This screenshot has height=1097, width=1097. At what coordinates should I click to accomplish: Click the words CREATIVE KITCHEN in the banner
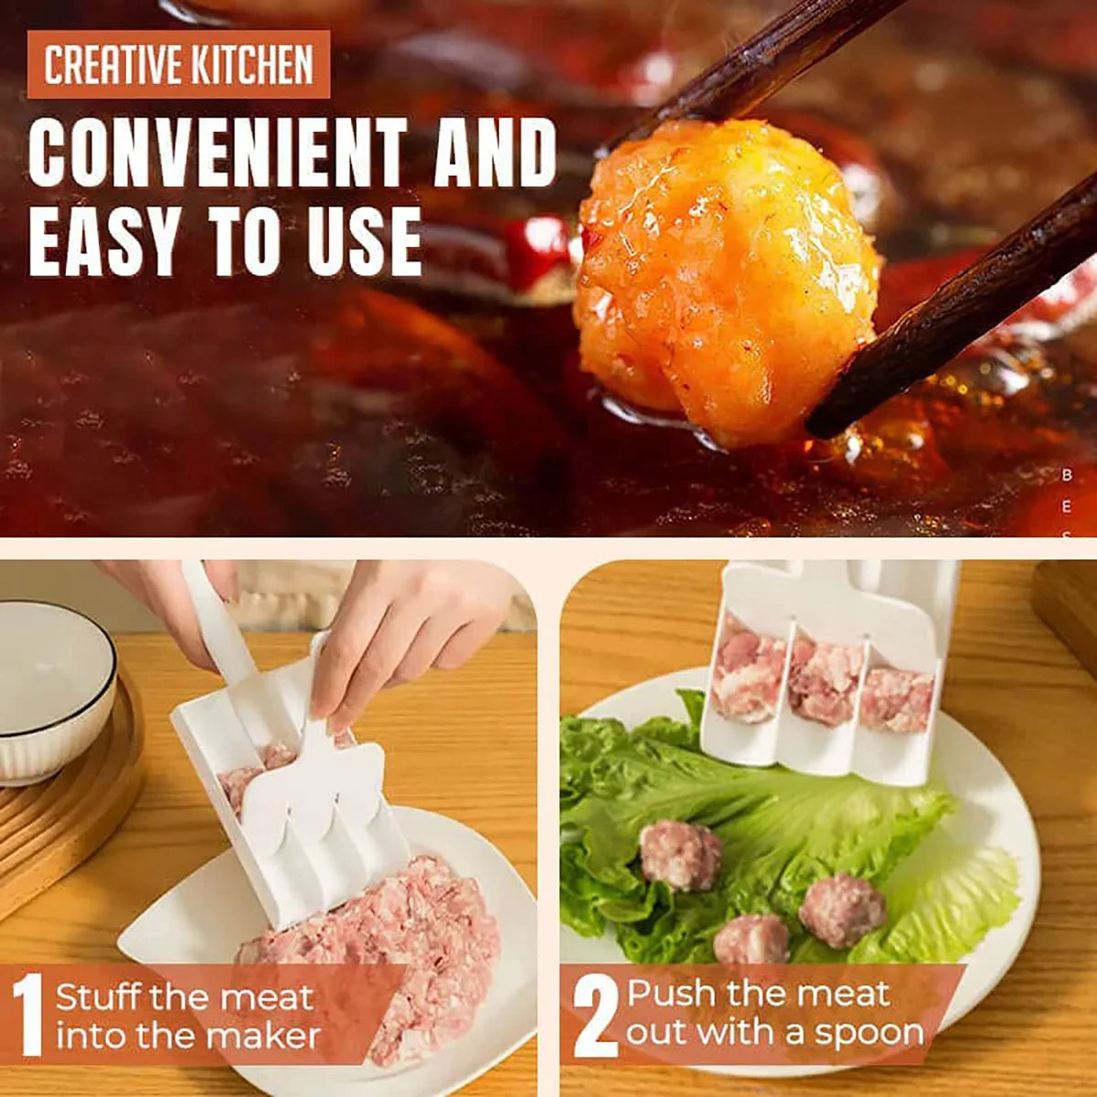tap(178, 65)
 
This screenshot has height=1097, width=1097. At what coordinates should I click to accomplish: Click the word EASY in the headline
tap(103, 241)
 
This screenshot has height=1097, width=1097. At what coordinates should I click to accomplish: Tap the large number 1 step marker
tap(29, 1015)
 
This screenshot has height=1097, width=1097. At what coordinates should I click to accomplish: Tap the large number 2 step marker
tap(595, 1015)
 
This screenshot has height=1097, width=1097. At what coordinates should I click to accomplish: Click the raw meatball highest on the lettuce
tap(680, 855)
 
